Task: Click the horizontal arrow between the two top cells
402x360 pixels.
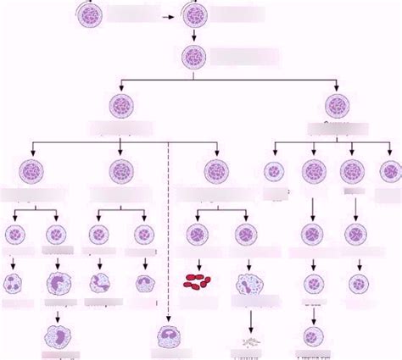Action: point(170,14)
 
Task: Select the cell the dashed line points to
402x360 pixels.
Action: point(170,339)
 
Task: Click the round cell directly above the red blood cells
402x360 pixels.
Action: point(197,235)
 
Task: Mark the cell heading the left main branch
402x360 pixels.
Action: point(120,106)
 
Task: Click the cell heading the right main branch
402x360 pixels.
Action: point(338,106)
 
